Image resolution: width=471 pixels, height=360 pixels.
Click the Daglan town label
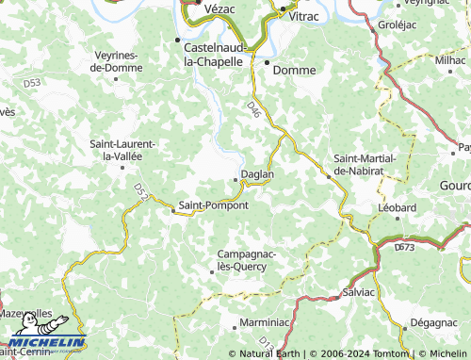click(257, 174)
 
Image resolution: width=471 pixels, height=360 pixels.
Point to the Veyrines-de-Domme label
click(116, 62)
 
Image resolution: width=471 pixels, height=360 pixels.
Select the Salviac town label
click(359, 293)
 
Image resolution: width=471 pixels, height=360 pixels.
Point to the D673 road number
click(405, 247)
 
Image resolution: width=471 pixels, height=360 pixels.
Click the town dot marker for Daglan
click(235, 179)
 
